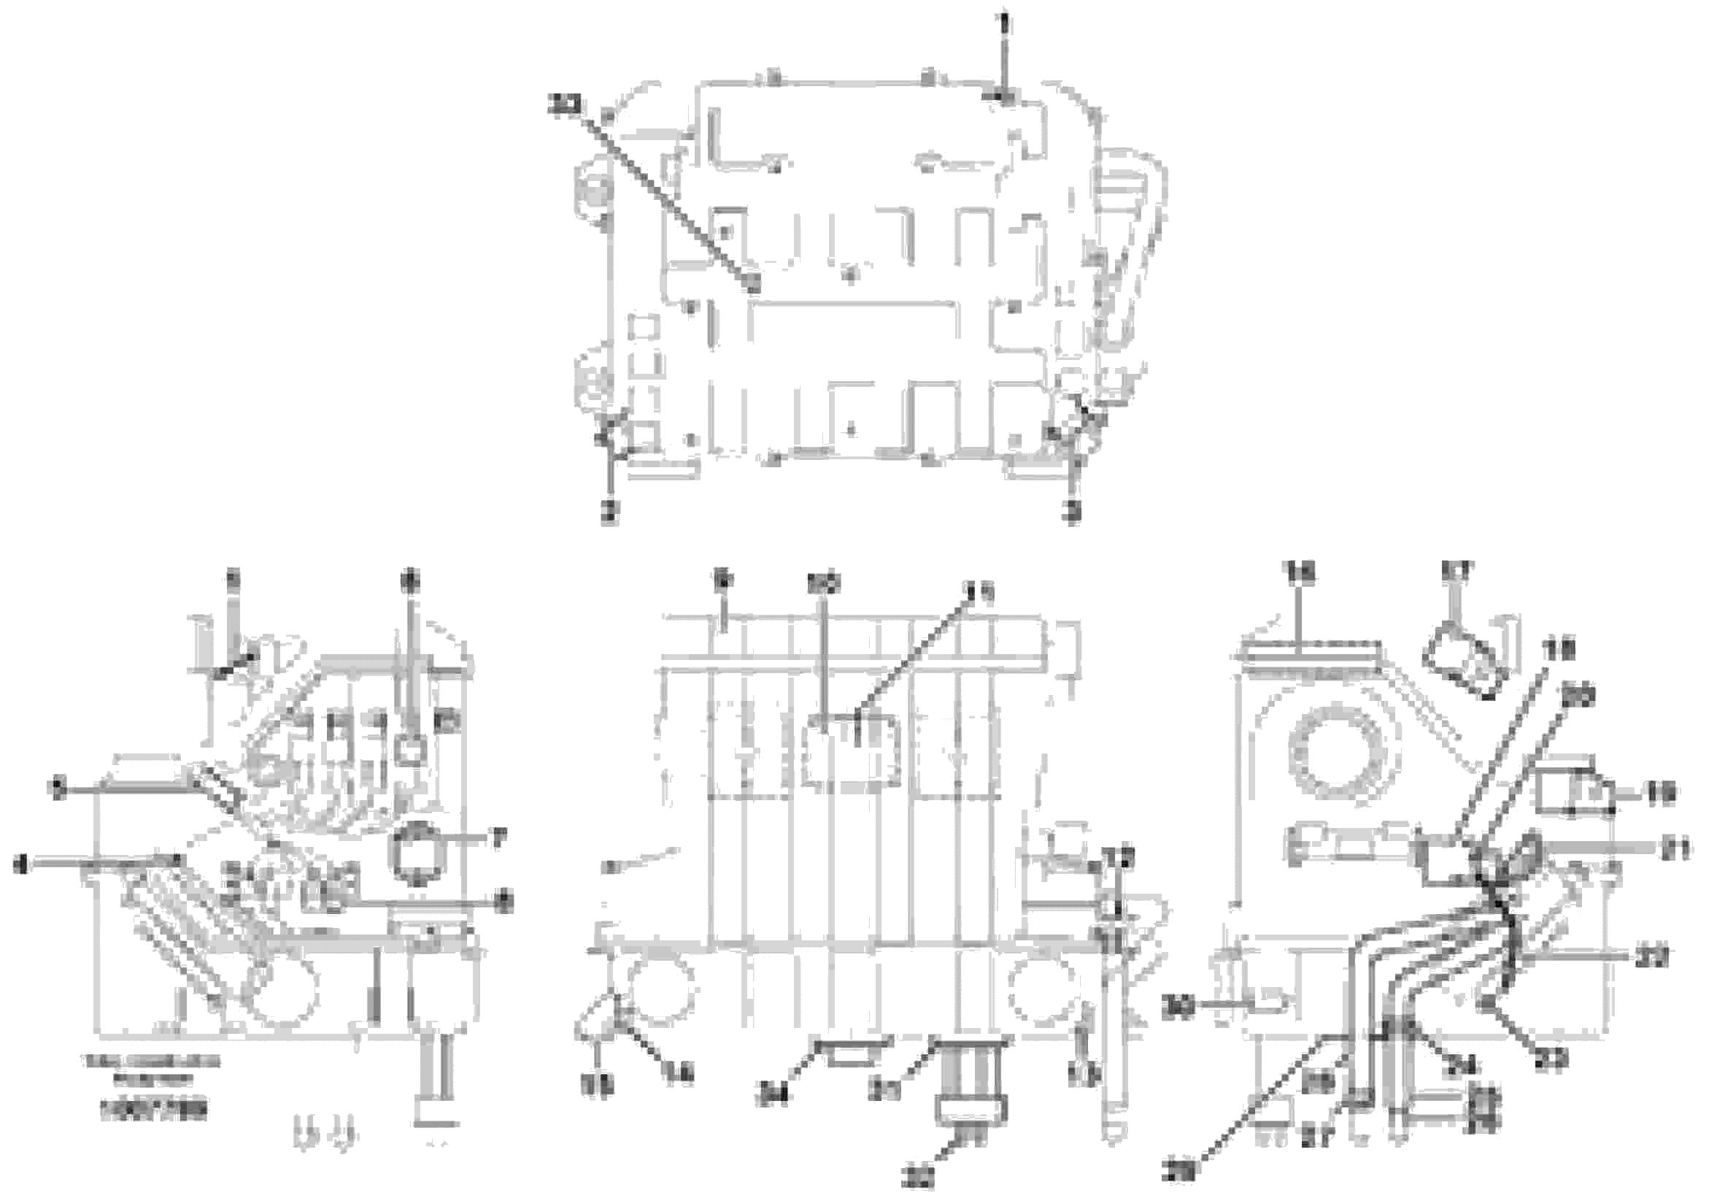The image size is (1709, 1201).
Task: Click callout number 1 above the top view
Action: point(1005,23)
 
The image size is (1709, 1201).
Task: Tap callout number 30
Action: point(1177,1009)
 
